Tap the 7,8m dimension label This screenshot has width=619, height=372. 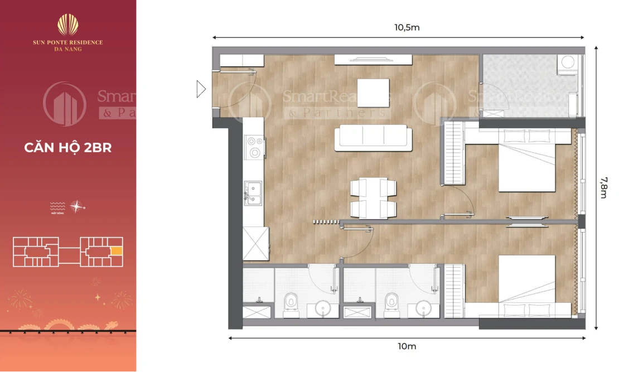[604, 187]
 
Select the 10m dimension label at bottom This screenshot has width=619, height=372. [407, 346]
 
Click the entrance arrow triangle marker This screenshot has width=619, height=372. [201, 89]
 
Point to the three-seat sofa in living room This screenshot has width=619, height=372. [373, 138]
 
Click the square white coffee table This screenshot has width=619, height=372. [373, 93]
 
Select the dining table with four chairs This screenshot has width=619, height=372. [373, 198]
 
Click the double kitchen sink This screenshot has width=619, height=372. [254, 193]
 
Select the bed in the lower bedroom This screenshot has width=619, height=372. [527, 286]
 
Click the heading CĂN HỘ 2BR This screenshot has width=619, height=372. [68, 148]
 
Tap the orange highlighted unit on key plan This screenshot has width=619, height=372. [116, 251]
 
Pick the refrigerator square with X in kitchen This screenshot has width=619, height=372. [256, 244]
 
